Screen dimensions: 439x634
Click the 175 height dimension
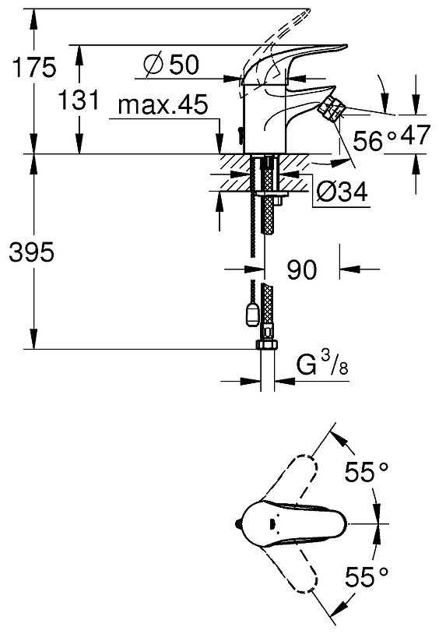[34, 67]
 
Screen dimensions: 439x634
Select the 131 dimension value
[79, 100]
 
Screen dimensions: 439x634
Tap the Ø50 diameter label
[172, 65]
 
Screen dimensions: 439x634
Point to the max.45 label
[163, 104]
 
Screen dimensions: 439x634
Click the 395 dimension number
[31, 252]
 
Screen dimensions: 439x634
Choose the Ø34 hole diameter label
[342, 191]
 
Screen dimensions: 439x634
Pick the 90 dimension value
[302, 269]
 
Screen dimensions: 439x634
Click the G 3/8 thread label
[321, 364]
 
